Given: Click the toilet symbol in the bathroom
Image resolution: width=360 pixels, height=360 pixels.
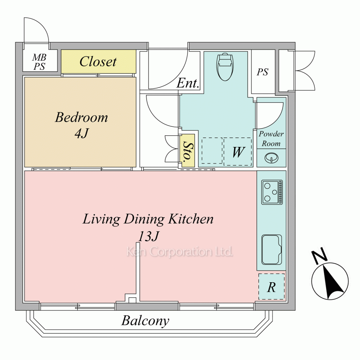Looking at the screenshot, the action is (x=225, y=67).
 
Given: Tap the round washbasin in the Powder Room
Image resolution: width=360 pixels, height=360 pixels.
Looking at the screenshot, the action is (x=271, y=158).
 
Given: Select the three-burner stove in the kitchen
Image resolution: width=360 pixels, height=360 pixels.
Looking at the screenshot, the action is (x=272, y=192).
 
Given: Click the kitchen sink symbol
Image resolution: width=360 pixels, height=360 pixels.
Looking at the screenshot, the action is (x=271, y=249).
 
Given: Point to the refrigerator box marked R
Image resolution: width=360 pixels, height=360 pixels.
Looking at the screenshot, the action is (x=271, y=287).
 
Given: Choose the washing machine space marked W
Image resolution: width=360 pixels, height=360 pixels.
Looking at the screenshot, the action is (x=238, y=152).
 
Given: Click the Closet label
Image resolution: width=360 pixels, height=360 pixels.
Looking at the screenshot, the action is (x=98, y=62).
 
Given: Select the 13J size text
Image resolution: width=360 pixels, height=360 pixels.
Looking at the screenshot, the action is (x=148, y=236).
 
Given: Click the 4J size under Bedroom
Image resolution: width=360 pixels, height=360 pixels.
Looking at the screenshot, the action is (x=82, y=133).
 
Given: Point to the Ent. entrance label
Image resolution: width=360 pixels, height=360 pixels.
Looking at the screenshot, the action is (x=188, y=83).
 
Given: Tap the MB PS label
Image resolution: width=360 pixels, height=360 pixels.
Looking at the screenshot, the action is (x=39, y=62).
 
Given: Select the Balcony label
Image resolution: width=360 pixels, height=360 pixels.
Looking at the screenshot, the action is (x=145, y=321).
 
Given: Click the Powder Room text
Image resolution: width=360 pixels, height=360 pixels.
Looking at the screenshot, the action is (x=271, y=139).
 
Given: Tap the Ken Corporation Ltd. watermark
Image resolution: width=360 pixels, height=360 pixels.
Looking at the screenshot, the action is (x=180, y=252).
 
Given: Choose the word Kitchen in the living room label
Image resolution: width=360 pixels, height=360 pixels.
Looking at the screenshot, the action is (x=191, y=219).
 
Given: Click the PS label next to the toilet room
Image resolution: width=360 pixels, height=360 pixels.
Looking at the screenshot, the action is (x=262, y=72).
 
